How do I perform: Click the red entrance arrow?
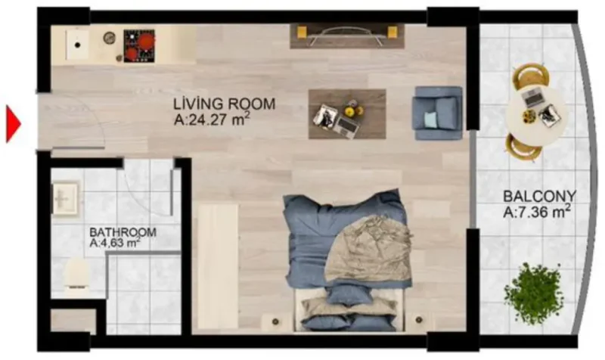tap(13, 124)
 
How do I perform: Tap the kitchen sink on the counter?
tap(78, 44)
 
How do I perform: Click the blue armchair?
tap(437, 113)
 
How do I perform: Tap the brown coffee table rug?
tap(347, 114)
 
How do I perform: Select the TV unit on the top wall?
tap(346, 35)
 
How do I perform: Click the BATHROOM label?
tap(123, 232)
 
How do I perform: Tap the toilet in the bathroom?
tap(78, 274)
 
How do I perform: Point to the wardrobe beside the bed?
tap(216, 265)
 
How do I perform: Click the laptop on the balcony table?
tap(534, 96)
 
